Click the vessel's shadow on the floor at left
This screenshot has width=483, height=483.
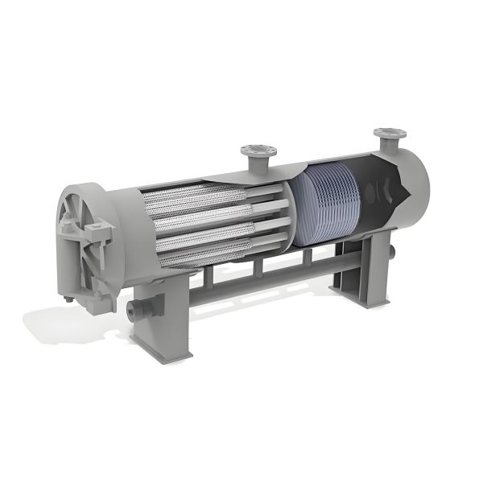56,322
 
